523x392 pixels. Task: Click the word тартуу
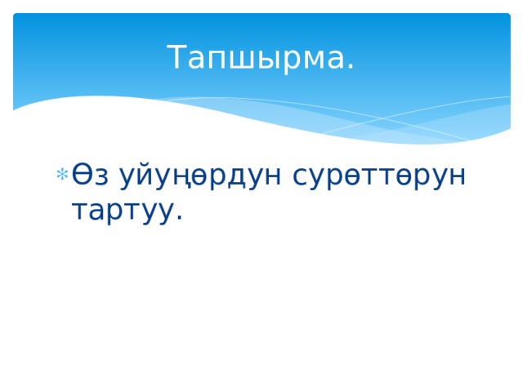click(x=123, y=210)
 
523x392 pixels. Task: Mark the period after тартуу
click(x=178, y=218)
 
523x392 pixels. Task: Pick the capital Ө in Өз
click(x=83, y=175)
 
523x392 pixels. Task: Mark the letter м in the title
click(x=311, y=61)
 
